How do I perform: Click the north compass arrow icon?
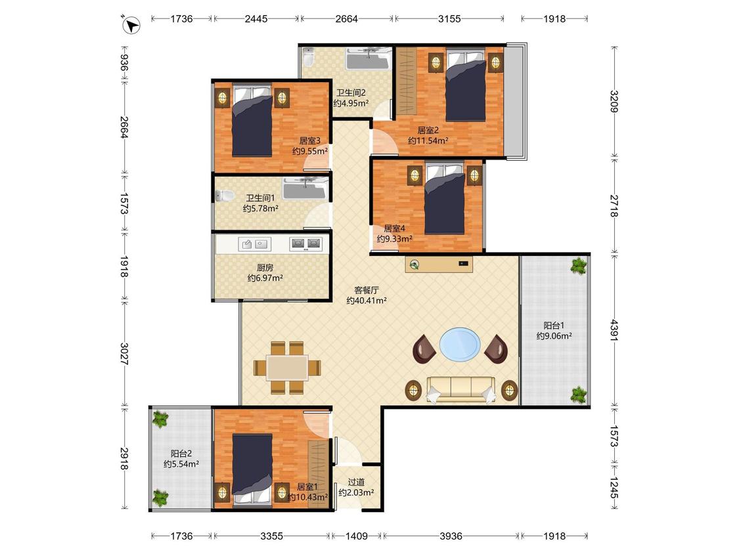[131, 25]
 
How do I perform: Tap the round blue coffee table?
[460, 345]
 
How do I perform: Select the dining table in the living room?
[287, 368]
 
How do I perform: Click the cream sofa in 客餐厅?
[460, 390]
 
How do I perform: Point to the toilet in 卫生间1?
[225, 196]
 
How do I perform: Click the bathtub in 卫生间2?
[368, 59]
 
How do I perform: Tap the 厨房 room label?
[265, 268]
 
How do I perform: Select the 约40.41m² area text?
[367, 301]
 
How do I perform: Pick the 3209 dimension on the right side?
[614, 101]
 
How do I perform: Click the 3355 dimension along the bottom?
[272, 536]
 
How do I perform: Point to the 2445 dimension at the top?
[256, 19]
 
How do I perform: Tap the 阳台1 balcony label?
[554, 326]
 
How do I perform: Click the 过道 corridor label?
[356, 482]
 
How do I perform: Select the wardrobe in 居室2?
[406, 81]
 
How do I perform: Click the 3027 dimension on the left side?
[124, 354]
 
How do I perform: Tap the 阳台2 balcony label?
[181, 454]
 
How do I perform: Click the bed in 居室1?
[253, 469]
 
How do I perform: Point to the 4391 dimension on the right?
[614, 330]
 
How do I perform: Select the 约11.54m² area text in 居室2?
[428, 140]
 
